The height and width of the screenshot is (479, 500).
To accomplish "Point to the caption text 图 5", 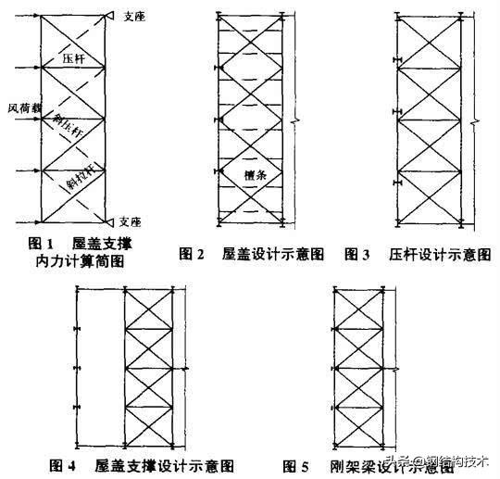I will [301, 465].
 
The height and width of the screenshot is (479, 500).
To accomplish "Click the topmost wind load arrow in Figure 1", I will [28, 17].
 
